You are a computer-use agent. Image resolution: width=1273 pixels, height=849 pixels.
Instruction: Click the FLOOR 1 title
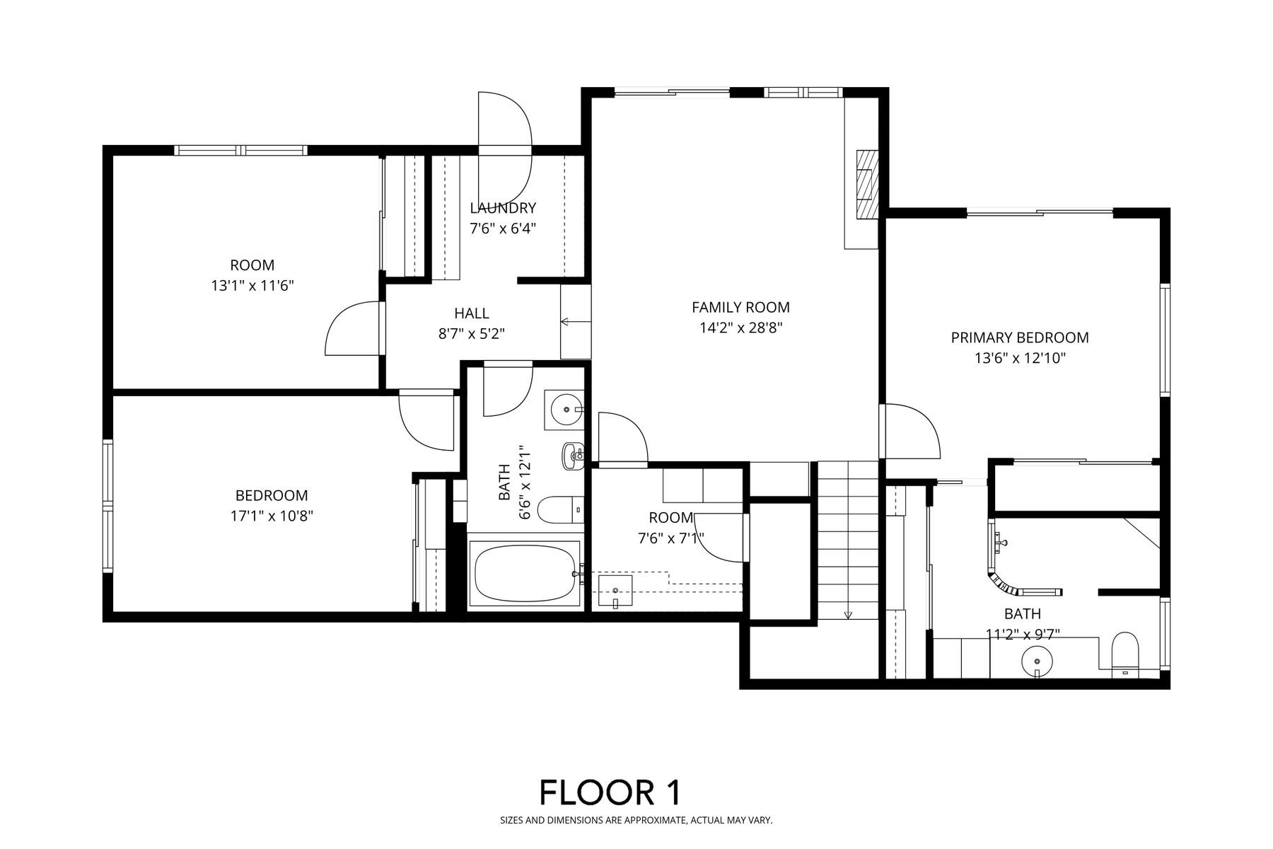coord(610,792)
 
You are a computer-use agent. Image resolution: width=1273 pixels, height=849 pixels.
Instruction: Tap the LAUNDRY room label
coord(503,208)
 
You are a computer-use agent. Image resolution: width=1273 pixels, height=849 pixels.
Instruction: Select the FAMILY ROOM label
coord(740,307)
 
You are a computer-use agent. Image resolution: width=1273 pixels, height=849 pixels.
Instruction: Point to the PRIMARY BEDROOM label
coord(1020,337)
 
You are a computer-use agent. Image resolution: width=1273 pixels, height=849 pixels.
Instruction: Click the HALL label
coord(472,313)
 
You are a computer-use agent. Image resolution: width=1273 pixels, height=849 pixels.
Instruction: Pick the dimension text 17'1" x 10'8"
coord(272,516)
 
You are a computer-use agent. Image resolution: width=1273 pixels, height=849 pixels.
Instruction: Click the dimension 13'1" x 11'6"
coord(252,286)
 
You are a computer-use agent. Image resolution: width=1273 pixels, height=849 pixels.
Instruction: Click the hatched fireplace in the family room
coord(866,183)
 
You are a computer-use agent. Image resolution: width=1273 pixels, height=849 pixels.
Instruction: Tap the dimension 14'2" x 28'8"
coord(740,328)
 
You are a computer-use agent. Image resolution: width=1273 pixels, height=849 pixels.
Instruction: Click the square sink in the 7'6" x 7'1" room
coord(615,591)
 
